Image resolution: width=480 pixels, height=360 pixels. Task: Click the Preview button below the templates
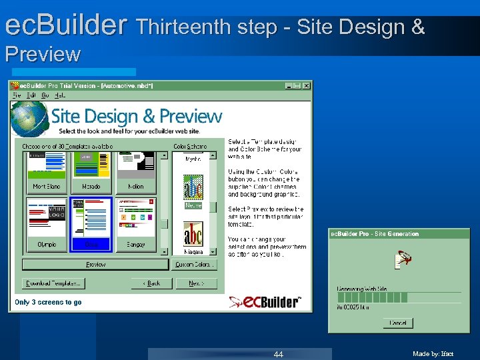95,265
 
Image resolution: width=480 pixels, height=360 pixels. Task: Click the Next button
195,283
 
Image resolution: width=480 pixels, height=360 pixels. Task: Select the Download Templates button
53,283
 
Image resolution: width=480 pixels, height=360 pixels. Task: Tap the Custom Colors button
193,265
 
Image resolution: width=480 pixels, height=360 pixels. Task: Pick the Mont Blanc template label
47,187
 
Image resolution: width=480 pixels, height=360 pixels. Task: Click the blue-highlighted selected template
91,224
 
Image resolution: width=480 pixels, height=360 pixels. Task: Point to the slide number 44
279,354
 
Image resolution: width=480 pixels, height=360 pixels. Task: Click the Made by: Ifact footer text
433,354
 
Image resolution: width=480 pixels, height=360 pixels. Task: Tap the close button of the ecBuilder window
306,86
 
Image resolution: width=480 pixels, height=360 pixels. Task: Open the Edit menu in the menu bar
30,95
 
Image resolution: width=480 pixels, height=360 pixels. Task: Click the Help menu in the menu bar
60,95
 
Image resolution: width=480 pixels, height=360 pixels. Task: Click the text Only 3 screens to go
48,302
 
